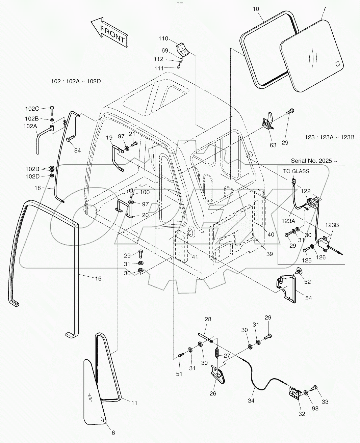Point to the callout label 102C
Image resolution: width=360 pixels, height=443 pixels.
tap(32, 109)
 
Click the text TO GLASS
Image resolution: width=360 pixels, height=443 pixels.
tap(296, 171)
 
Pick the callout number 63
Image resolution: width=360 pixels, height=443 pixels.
tap(273, 145)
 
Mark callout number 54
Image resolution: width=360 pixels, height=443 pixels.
tap(309, 298)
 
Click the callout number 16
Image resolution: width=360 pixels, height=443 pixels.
tap(98, 279)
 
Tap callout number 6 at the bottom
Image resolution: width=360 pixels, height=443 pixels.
tap(113, 433)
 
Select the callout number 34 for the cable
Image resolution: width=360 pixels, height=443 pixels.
tap(251, 401)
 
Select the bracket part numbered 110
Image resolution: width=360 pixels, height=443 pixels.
tap(184, 49)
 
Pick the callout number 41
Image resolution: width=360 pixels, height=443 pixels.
tap(195, 257)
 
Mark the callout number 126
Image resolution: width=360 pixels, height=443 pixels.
tap(320, 257)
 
